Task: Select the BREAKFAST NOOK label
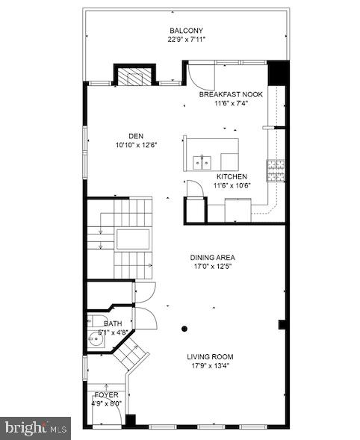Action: tap(231, 96)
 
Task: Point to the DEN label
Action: tap(135, 136)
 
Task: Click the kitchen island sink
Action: tap(202, 161)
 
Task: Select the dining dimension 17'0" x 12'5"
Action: tap(212, 267)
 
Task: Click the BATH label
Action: tap(112, 323)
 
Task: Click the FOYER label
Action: tap(106, 394)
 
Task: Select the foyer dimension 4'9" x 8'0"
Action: tap(106, 403)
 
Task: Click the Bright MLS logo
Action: tap(36, 428)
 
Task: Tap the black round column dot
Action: tap(184, 328)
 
